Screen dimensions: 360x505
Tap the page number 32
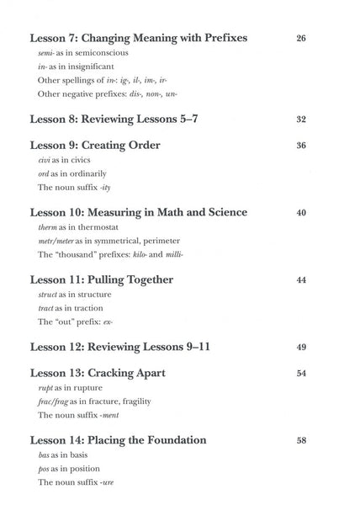point(301,119)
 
